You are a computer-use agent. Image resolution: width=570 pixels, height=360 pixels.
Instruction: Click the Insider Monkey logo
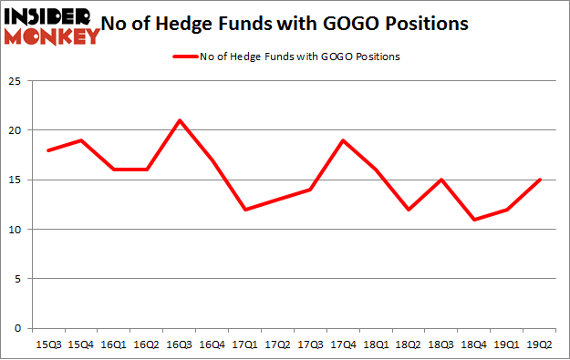pos(52,25)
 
